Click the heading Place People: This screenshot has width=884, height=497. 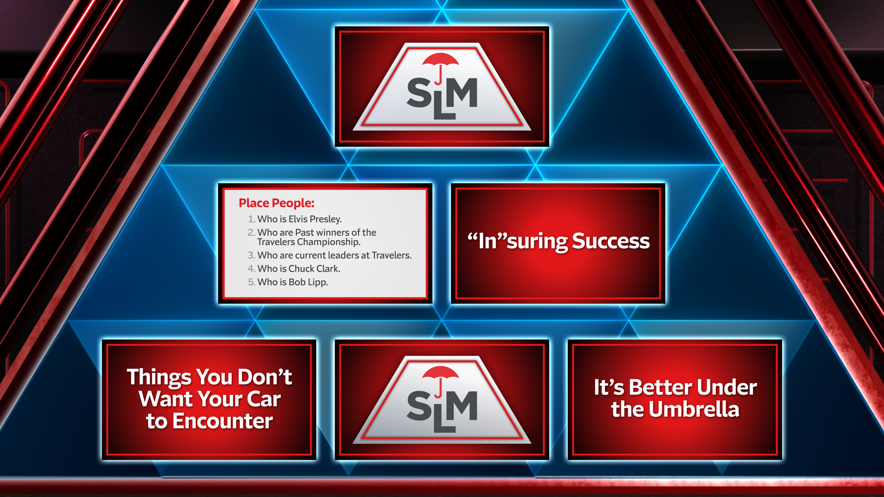[x=276, y=203]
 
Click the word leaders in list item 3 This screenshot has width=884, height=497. [x=344, y=255]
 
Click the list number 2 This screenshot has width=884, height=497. [x=251, y=233]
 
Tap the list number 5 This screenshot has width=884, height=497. [x=251, y=282]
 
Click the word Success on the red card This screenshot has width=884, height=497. [x=611, y=241]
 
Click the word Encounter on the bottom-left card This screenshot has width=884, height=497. [x=222, y=421]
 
